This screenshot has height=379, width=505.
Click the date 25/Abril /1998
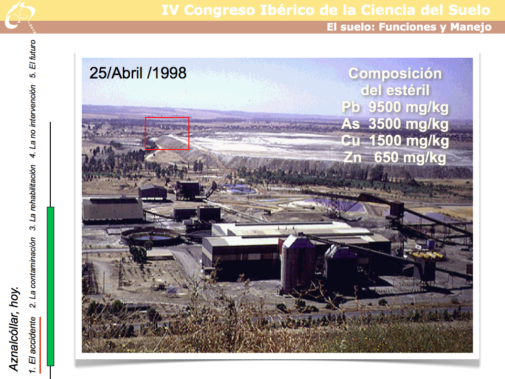pos(138,73)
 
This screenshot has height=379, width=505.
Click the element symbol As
pos(351,124)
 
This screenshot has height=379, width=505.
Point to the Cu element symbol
pos(351,141)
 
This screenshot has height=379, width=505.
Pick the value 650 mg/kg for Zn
pos(410,158)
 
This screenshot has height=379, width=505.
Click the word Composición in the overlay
pos(395,74)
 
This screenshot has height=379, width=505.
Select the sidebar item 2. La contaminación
pos(32,273)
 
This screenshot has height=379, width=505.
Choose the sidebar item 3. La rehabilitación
pos(32,198)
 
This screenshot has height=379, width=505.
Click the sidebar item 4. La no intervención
pos(32,121)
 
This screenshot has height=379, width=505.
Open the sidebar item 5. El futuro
pos(32,59)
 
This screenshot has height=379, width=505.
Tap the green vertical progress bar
pos(51,286)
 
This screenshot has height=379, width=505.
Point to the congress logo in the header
pos(19,16)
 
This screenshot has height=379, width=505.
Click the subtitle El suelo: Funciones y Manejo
pos(409,27)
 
